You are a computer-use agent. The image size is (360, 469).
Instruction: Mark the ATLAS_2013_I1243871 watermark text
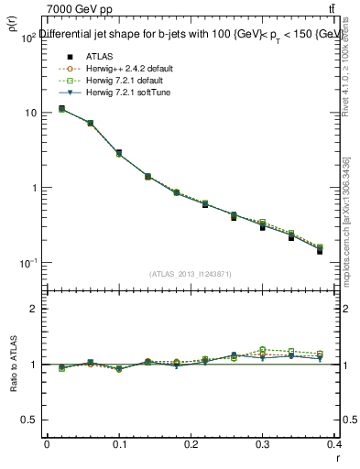pos(191,274)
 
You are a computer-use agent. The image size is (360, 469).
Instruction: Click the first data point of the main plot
pos(61,109)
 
